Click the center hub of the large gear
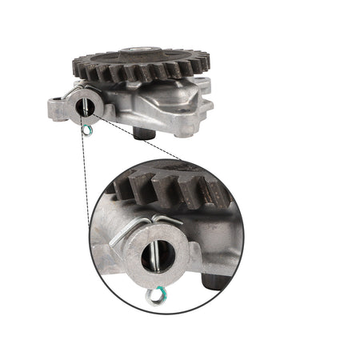click(142, 54)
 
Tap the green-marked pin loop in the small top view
click(87, 129)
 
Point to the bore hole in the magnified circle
click(154, 255)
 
